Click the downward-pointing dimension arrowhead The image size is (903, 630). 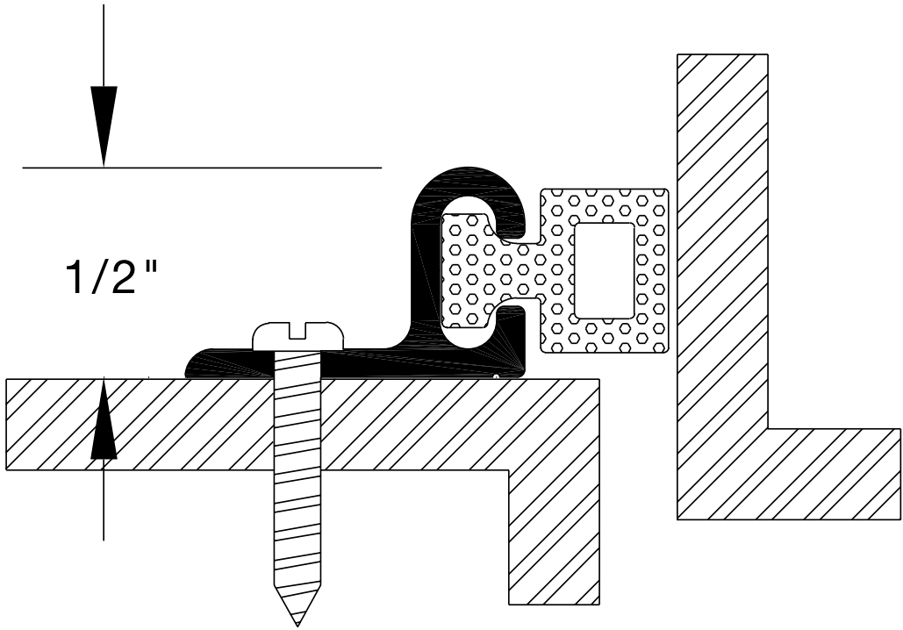(x=104, y=123)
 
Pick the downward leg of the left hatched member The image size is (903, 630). (x=555, y=535)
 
